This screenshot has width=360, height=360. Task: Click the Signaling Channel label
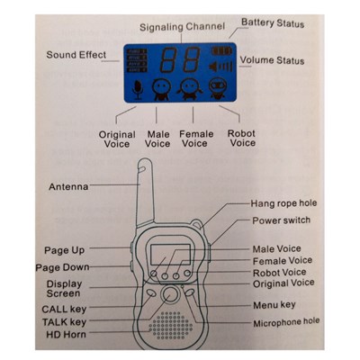click(x=182, y=27)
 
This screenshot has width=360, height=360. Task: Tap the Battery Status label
click(x=273, y=23)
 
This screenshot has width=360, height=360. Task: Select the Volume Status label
click(x=273, y=60)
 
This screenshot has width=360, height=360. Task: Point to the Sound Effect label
click(x=76, y=55)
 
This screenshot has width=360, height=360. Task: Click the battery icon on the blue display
click(x=222, y=51)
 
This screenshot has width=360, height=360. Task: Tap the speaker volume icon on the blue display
click(x=221, y=66)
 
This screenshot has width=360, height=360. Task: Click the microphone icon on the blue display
click(x=138, y=90)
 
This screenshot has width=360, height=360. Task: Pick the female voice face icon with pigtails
click(x=188, y=89)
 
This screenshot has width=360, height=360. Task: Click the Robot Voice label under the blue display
click(x=242, y=138)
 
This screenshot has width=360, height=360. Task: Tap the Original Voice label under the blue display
click(x=117, y=139)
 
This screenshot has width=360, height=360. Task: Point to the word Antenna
click(x=68, y=187)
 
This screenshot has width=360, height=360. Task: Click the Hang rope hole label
click(x=283, y=203)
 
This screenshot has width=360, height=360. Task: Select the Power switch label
click(x=282, y=220)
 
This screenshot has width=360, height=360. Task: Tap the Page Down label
click(x=62, y=267)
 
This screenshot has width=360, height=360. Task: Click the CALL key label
click(x=64, y=309)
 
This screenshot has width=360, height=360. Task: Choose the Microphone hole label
click(x=286, y=323)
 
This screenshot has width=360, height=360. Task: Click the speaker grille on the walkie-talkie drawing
click(x=170, y=325)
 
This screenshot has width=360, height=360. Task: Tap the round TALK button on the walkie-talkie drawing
click(x=170, y=294)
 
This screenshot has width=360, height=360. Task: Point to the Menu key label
click(x=274, y=305)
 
